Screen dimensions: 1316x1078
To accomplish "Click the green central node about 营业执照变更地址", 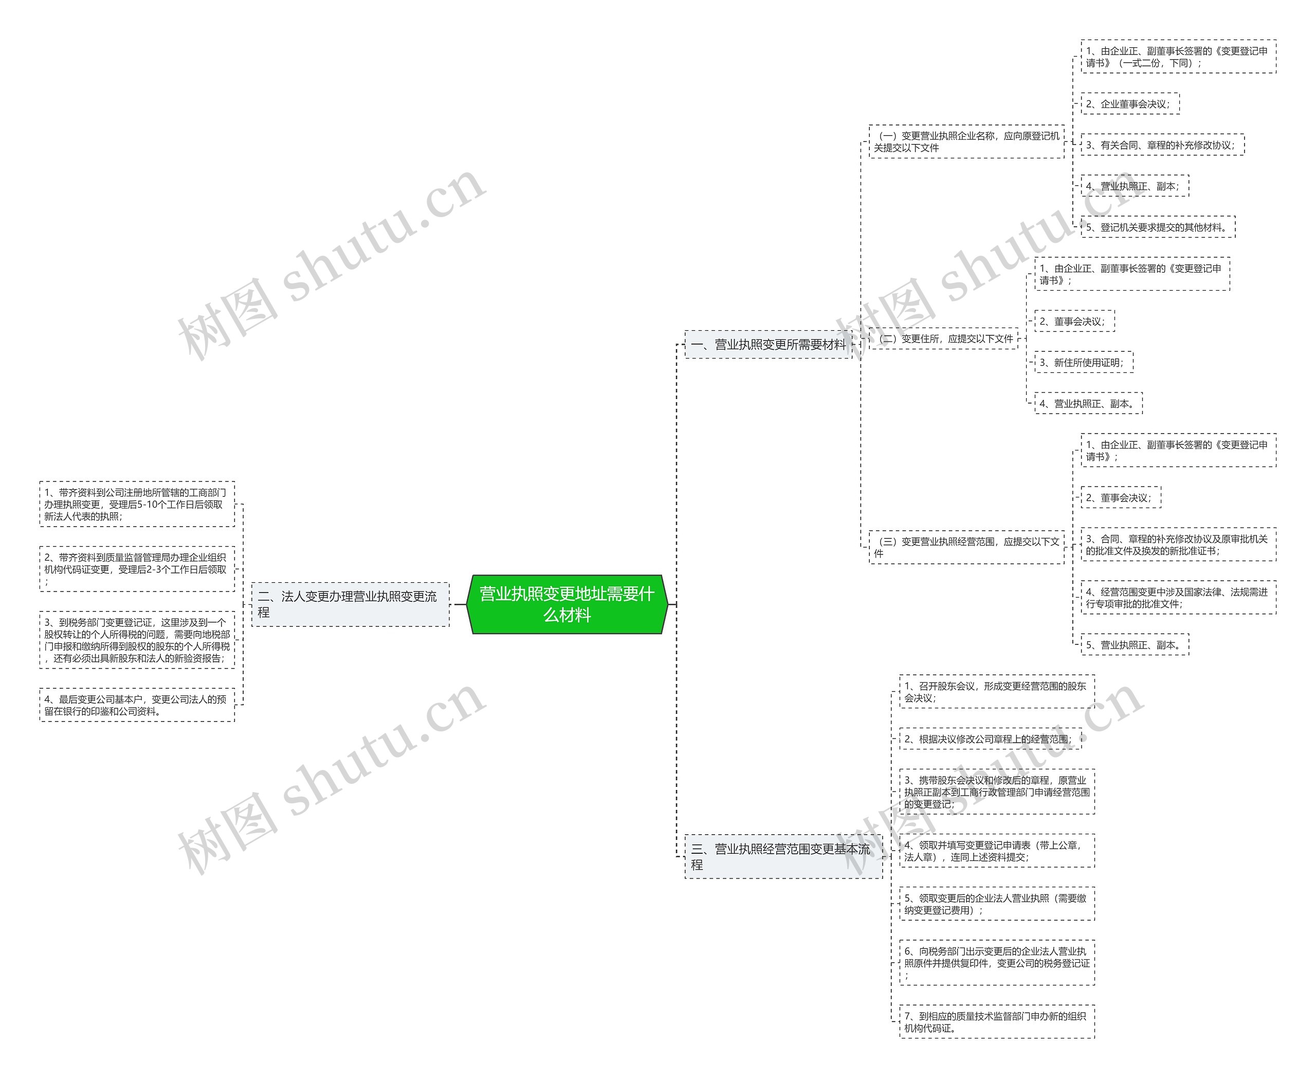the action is pos(566,604).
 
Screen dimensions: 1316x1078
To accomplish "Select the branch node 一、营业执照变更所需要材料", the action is pos(768,345).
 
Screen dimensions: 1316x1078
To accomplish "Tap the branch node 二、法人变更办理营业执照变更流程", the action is pos(350,604).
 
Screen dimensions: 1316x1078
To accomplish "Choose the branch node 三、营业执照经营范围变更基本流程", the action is pos(783,856).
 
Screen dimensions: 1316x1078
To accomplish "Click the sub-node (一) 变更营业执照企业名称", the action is pos(966,141).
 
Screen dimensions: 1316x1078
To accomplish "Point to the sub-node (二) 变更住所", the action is pos(943,339).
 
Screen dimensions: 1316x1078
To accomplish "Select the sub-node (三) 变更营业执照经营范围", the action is pos(966,547).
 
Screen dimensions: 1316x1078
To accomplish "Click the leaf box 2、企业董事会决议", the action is pos(1129,104).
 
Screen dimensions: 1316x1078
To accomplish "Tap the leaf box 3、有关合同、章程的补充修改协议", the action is pos(1162,145).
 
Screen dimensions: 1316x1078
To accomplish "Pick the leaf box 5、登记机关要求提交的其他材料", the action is pos(1158,227).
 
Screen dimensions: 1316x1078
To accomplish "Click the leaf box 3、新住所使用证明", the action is pos(1083,363).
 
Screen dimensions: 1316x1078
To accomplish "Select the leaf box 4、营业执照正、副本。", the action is pos(1088,404).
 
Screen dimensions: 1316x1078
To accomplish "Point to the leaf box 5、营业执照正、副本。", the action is pos(1134,645).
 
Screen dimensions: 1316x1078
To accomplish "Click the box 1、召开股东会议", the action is pos(997,692).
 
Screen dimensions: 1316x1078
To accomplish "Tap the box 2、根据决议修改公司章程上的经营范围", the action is pos(990,739).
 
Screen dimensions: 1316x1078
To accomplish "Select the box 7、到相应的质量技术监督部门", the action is pos(997,1022).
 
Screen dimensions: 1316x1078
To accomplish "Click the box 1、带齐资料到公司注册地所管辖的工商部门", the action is pos(137,504).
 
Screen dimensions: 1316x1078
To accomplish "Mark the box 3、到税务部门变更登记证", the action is pos(137,640).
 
